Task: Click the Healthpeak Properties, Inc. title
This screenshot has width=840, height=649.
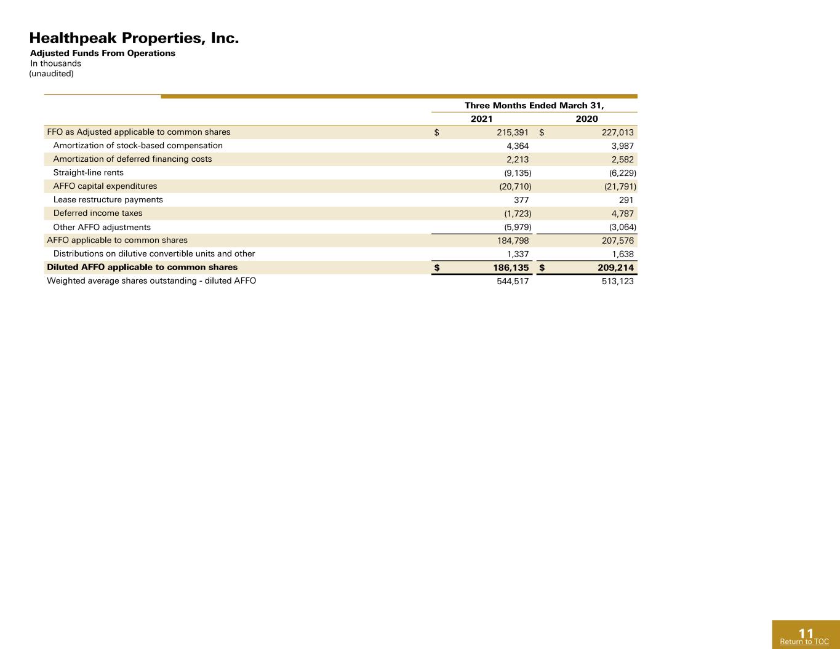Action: coord(134,38)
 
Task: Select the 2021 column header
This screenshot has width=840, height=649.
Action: coord(481,119)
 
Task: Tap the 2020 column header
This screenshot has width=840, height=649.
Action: coord(586,119)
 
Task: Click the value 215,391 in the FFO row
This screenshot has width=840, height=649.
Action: coord(513,132)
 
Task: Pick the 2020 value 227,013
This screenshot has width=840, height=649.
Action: coord(618,132)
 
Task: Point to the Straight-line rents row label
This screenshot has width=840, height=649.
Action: coord(88,173)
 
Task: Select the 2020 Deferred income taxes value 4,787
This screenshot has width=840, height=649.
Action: coord(622,213)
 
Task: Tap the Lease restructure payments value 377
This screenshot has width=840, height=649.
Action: coord(521,200)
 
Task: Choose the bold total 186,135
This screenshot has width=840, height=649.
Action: coord(511,268)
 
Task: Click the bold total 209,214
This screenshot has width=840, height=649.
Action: coord(616,268)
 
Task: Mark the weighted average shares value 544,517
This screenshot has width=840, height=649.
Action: coord(513,281)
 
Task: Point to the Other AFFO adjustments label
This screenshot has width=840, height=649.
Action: coord(102,227)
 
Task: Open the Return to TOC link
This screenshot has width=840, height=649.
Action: coord(804,642)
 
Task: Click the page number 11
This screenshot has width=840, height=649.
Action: coord(806,634)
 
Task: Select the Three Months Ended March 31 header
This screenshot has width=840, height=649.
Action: coord(534,105)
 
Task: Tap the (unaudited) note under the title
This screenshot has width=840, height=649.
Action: coord(52,73)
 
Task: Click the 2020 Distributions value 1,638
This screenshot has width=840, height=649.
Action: coord(622,254)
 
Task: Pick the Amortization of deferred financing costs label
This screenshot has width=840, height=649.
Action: coord(132,159)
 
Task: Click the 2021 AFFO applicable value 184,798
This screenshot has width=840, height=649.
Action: coord(513,241)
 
